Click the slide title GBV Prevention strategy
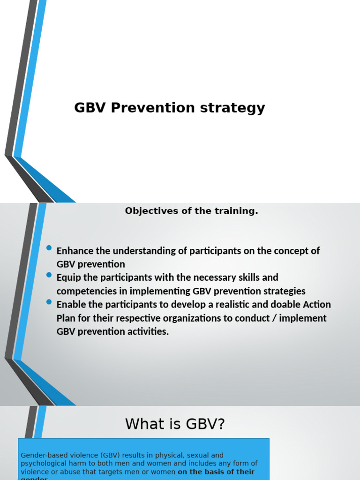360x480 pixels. (x=169, y=108)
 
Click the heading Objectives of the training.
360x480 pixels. (x=191, y=211)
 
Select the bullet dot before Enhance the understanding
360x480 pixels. (x=49, y=248)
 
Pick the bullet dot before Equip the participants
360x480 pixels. (x=49, y=275)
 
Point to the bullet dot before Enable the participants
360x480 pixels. (x=49, y=302)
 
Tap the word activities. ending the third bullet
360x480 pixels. (x=146, y=332)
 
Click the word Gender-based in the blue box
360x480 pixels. (x=41, y=455)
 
